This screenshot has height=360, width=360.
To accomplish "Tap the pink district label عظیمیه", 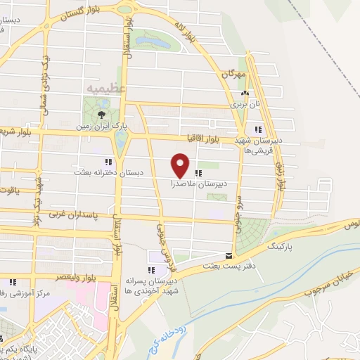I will click(x=105, y=89).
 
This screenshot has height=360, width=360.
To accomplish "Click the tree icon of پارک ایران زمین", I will click(x=103, y=115).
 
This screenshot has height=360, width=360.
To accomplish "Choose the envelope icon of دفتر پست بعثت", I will click(x=227, y=256).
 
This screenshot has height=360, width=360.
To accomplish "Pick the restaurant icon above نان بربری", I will click(x=245, y=94).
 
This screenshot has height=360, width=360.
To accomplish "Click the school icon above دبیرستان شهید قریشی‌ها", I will click(x=258, y=129).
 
